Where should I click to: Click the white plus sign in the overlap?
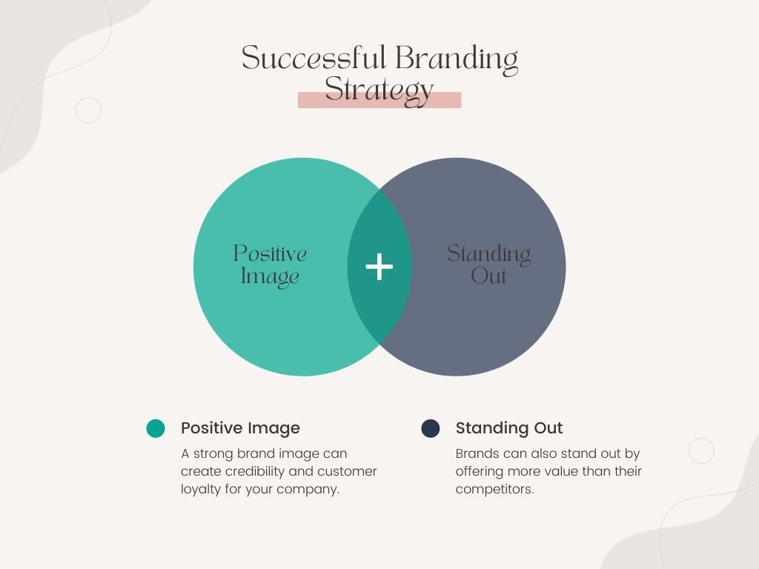click(379, 267)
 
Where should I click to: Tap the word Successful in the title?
click(314, 58)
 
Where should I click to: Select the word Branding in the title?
click(457, 59)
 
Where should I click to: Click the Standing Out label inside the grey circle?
click(488, 264)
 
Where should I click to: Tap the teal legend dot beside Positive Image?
click(156, 428)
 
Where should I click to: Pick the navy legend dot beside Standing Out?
click(431, 428)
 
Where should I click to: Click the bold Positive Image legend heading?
click(240, 428)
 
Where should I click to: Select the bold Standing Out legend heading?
click(508, 428)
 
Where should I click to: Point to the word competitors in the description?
click(494, 490)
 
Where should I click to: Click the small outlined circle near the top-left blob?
click(89, 98)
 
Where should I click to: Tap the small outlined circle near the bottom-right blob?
click(701, 439)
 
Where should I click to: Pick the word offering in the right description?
click(479, 472)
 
